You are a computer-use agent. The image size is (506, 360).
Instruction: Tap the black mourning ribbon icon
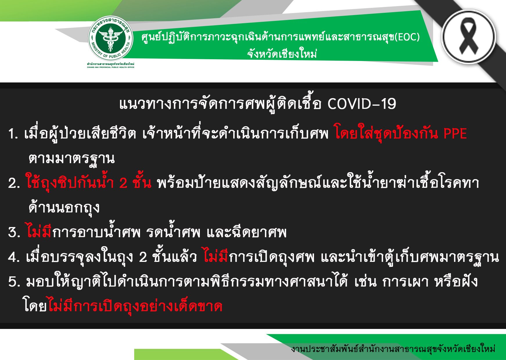point(468,36)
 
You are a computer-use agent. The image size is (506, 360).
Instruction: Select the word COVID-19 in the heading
point(362,104)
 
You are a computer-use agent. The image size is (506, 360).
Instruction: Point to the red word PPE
point(455,134)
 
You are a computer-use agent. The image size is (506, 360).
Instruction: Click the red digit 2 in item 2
point(123,183)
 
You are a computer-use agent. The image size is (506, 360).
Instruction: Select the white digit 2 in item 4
point(143,257)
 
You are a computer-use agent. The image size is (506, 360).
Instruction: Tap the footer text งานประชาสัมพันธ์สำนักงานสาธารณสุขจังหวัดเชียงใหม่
point(393,348)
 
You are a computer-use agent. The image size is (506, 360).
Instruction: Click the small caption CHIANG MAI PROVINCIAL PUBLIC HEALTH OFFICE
point(111,67)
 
